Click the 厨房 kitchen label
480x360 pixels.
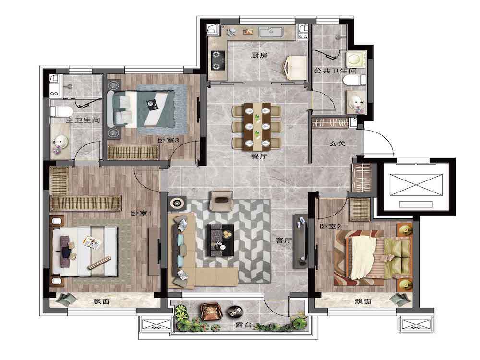point(259,55)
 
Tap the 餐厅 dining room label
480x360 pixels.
point(259,156)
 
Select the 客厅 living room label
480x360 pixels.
point(283,240)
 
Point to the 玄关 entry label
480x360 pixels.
point(337,143)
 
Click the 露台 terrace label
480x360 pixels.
point(244,325)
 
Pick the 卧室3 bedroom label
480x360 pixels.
point(168,140)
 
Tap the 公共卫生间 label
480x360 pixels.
point(335,71)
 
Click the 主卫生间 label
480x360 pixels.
point(83,120)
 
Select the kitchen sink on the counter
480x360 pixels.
point(271,32)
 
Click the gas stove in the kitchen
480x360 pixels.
point(217,60)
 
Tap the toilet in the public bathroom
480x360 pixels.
point(355,81)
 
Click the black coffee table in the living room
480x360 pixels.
point(221,240)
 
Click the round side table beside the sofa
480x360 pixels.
point(177,203)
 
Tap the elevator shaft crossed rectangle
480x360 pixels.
point(416,185)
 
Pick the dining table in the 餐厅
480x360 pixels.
point(257,126)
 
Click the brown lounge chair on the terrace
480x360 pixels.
point(210,311)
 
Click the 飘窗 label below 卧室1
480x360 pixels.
point(101,301)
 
